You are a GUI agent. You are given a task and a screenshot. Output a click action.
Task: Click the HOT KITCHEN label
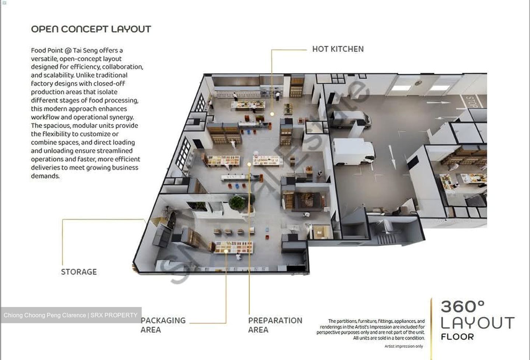[338, 49]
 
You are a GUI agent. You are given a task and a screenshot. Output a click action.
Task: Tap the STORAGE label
[79, 272]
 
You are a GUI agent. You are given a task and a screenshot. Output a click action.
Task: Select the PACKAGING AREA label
[163, 325]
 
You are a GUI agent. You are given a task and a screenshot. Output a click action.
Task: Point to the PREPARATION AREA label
[275, 325]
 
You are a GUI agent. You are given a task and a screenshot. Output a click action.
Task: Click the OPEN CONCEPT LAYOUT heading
[91, 29]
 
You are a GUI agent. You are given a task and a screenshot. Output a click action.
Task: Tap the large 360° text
[463, 307]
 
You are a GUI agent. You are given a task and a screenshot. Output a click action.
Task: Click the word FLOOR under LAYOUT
[457, 337]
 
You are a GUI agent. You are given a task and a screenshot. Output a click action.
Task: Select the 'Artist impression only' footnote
[404, 346]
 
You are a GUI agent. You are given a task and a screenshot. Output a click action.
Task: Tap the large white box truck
[353, 152]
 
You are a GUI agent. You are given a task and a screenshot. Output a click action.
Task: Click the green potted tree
[238, 203]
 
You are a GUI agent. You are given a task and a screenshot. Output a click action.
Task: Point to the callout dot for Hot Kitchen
[272, 114]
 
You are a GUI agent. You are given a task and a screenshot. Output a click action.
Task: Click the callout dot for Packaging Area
[226, 251]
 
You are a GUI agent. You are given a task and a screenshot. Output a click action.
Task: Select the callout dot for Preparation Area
[249, 164]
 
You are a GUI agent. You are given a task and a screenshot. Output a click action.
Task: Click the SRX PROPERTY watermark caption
[71, 315]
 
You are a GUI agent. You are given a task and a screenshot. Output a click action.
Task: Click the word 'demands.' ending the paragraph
[45, 176]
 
